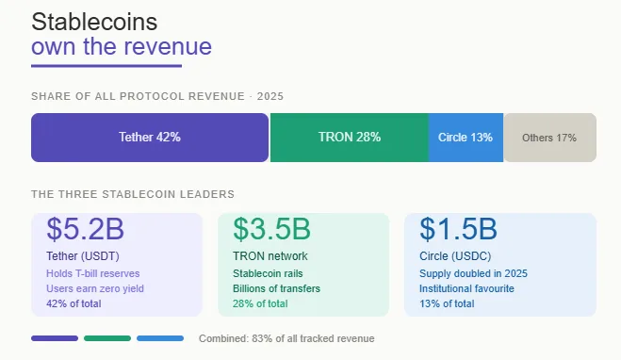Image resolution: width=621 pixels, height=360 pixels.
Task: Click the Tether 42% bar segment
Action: click(150, 138)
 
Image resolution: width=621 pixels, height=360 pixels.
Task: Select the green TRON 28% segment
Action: click(349, 138)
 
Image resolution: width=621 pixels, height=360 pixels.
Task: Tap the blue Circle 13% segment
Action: click(466, 138)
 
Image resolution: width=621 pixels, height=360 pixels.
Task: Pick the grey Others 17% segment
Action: click(549, 138)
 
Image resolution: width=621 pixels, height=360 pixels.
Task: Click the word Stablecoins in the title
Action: click(94, 22)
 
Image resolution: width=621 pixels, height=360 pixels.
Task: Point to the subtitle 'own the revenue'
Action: click(122, 47)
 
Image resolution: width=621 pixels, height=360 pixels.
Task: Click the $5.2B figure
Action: click(85, 229)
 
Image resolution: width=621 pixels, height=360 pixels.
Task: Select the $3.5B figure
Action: click(272, 229)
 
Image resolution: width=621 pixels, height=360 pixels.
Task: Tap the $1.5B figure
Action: click(458, 229)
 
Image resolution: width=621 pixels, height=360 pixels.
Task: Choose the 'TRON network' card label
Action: click(270, 255)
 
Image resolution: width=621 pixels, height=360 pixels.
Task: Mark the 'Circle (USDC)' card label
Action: click(458, 255)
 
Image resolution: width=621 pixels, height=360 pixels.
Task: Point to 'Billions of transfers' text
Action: click(277, 287)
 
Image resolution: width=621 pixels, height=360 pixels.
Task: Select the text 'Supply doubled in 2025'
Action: click(473, 272)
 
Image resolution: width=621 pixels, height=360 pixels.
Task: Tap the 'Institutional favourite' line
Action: click(467, 287)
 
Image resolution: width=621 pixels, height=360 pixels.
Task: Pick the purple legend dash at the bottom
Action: click(55, 338)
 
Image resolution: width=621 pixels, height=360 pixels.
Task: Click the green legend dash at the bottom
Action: click(107, 338)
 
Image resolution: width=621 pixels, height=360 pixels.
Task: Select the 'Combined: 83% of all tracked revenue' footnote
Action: click(286, 338)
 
